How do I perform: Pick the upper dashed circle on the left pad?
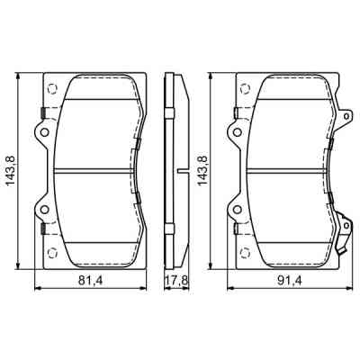pos(51,88)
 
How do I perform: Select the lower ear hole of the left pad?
pos(39,209)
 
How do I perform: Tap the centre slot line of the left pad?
pos(94,170)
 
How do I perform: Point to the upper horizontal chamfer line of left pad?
pos(94,94)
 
